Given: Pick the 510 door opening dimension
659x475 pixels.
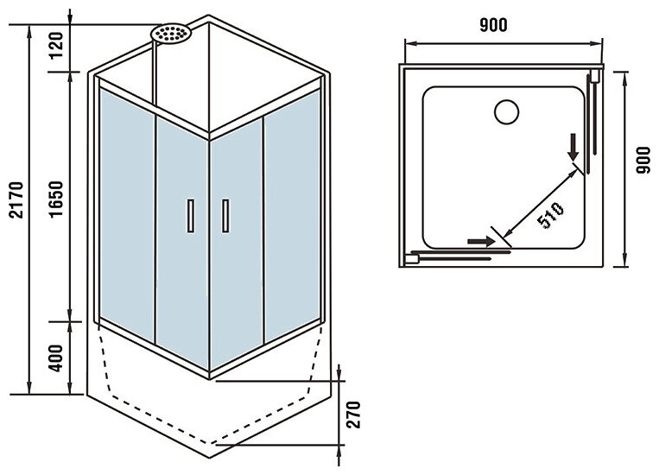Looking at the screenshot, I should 549,213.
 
